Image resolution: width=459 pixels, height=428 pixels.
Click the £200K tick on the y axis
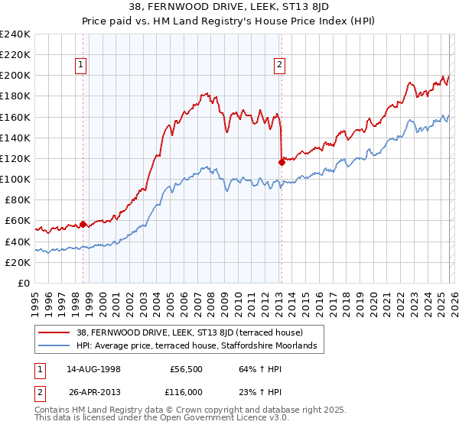coord(15,76)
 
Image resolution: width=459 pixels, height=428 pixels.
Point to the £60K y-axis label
coord(18,221)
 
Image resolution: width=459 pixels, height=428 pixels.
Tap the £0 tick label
coord(24,283)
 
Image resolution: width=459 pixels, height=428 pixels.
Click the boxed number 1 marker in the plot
coord(80,66)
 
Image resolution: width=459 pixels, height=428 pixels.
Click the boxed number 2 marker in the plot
coord(280,66)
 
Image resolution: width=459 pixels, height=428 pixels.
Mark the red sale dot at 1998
coord(83,224)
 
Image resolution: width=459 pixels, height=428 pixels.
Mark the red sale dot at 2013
coord(281,160)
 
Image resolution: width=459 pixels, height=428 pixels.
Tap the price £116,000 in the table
coord(187,391)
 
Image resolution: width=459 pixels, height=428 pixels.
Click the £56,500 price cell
coord(187,370)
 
